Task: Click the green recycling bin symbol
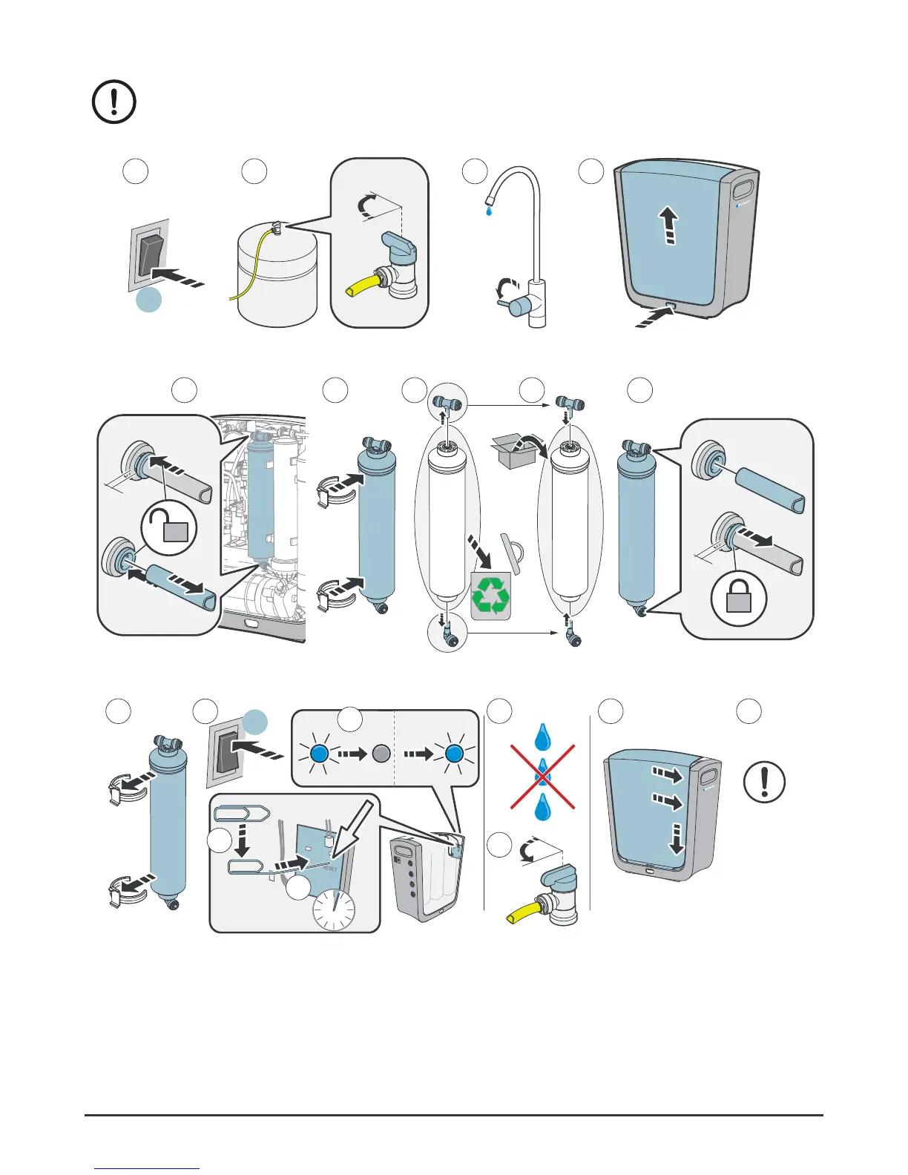point(490,596)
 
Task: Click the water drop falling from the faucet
point(487,212)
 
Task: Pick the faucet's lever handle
point(517,304)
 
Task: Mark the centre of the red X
point(542,777)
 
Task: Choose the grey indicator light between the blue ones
point(381,754)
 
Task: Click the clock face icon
point(334,910)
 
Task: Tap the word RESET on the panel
point(329,869)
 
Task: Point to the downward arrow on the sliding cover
point(677,838)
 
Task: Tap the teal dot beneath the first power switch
point(149,300)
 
